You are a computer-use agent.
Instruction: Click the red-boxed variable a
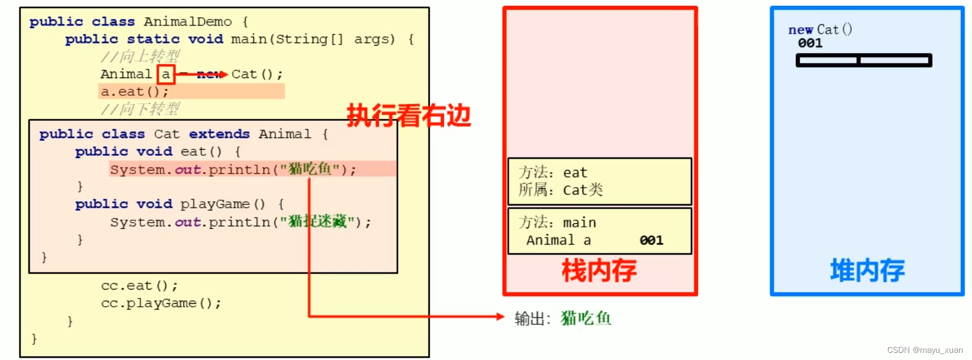point(166,75)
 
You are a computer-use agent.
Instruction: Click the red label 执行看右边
point(408,115)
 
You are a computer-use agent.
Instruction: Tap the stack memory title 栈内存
point(599,271)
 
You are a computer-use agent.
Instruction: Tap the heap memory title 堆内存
point(867,271)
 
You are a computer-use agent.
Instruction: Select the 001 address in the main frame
point(651,240)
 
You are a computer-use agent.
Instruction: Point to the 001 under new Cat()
point(810,43)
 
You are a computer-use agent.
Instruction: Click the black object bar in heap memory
point(864,60)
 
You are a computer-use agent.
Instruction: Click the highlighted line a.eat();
point(134,92)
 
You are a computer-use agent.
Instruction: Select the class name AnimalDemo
point(188,22)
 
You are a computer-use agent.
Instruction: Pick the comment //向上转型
point(140,57)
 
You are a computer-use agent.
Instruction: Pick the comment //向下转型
point(140,110)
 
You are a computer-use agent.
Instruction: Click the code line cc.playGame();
point(161,303)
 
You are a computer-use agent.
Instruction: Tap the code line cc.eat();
point(139,286)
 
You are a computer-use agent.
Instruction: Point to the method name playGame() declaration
point(223,204)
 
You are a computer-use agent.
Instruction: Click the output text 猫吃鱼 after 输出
point(585,319)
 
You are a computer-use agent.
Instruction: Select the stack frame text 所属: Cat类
point(561,190)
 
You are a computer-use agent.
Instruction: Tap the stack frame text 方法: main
point(557,223)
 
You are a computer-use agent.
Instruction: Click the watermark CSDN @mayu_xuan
point(925,350)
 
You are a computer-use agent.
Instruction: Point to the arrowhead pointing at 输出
point(500,317)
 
